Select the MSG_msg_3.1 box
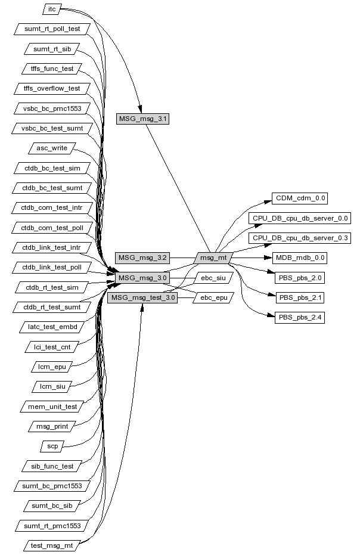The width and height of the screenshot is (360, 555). point(144,119)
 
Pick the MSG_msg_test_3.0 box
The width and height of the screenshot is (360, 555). point(143,297)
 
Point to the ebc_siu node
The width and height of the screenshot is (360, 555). point(213,278)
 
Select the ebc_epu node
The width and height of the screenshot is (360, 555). point(213,297)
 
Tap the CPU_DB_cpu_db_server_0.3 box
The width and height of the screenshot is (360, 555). point(300,238)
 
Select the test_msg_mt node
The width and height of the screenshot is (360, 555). point(52,545)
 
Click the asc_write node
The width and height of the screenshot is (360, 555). point(52,148)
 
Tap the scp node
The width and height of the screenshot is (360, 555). point(52,446)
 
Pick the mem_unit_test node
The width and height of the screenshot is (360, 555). point(52,406)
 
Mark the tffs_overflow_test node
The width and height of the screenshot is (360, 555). point(52,88)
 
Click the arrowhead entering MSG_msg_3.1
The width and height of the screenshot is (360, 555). point(140,109)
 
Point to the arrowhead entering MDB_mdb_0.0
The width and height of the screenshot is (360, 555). point(268,258)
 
